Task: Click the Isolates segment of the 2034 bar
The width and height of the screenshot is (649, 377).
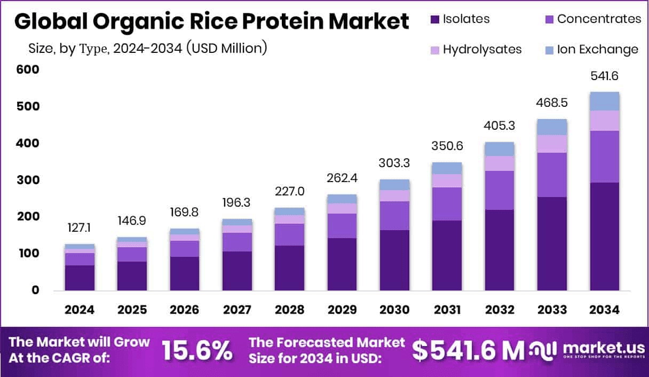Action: click(x=604, y=236)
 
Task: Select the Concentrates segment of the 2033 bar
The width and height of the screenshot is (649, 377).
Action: click(x=552, y=175)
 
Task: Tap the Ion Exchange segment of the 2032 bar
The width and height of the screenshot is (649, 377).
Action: click(x=500, y=149)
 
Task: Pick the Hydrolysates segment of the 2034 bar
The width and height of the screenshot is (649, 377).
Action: click(x=604, y=121)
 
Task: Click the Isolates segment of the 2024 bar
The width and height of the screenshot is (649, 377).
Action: click(x=80, y=278)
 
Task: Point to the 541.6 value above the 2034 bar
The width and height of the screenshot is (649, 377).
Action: click(x=604, y=76)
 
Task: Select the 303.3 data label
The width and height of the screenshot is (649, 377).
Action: click(x=394, y=162)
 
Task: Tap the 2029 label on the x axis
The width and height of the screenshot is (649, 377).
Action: click(x=342, y=310)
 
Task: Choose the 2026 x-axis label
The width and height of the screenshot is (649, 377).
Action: click(x=184, y=310)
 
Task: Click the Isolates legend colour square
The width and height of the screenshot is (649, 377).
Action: click(x=434, y=20)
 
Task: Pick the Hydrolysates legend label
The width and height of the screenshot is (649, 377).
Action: click(x=482, y=50)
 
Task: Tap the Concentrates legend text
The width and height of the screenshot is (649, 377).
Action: click(x=599, y=19)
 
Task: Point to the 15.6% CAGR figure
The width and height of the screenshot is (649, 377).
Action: click(x=197, y=350)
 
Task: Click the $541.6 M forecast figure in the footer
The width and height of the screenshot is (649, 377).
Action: click(x=468, y=350)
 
